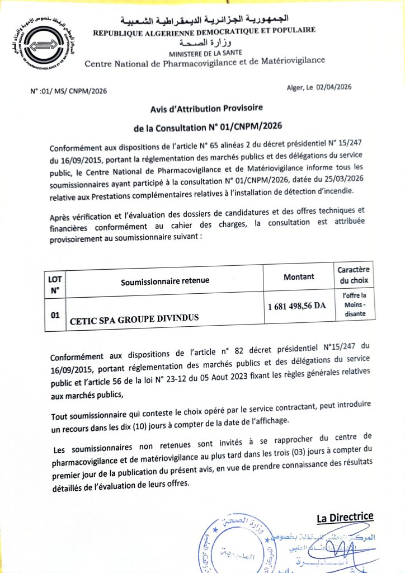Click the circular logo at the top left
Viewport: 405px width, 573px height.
coord(47,46)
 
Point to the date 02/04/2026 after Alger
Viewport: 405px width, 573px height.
coord(335,87)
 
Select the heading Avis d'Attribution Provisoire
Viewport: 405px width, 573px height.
coord(206,107)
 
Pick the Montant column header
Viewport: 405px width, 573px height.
coord(299,276)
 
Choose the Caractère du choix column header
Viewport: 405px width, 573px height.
coord(354,275)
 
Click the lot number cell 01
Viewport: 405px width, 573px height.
coord(55,316)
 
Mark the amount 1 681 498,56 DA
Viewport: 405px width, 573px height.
coord(296,306)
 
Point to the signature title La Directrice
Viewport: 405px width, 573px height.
coord(345,517)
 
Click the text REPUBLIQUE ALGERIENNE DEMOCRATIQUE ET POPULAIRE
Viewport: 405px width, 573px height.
coord(204,31)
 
